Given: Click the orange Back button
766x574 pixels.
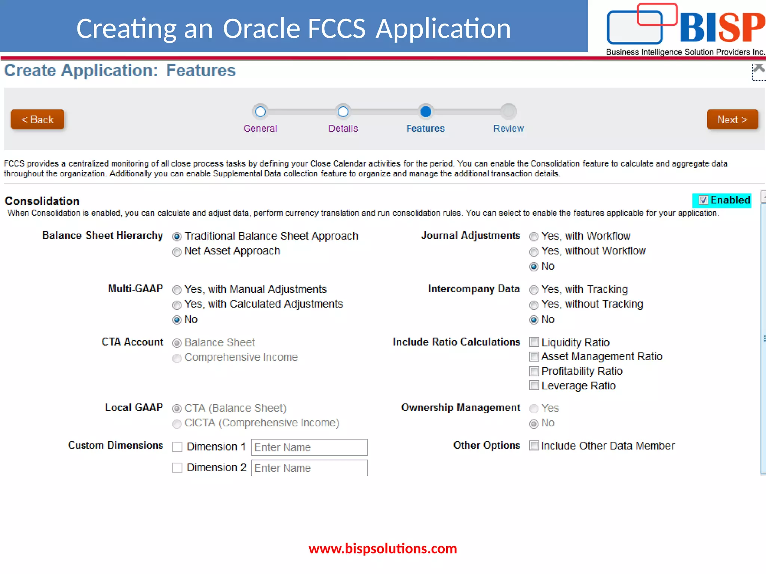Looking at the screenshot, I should [x=37, y=120].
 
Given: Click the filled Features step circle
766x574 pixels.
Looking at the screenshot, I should [x=426, y=111].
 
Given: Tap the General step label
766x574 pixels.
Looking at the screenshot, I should [x=260, y=129].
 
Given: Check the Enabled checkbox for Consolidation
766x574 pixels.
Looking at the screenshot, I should [x=703, y=200].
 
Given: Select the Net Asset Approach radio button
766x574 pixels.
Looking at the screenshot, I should [x=177, y=252].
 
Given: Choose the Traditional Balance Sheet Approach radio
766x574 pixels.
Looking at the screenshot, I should [x=177, y=237].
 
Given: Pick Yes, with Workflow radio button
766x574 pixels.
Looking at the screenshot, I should [x=534, y=237].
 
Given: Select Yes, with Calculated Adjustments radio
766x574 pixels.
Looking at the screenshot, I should [x=177, y=305].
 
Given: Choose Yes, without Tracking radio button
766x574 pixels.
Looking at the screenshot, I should [x=534, y=305].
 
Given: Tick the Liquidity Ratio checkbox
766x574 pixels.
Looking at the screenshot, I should [x=534, y=342].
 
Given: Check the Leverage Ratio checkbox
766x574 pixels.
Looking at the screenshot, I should [x=534, y=385].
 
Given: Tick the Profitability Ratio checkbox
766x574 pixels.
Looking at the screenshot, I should [x=534, y=371].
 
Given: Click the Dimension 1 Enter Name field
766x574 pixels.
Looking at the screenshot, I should [x=309, y=447].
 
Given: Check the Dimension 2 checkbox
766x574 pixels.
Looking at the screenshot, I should [x=177, y=468].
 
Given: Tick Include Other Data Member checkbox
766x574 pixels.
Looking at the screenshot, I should [x=534, y=445].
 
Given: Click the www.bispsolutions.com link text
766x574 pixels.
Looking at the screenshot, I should [x=383, y=549].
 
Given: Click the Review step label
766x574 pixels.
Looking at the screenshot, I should [x=508, y=129].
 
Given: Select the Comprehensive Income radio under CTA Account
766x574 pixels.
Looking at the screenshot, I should [x=177, y=358].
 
